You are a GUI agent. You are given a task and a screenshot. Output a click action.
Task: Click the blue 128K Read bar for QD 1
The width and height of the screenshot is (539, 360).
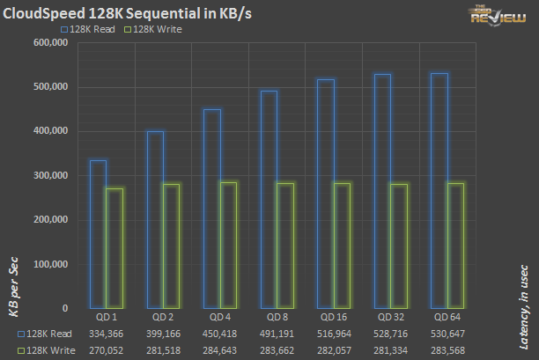pos(98,233)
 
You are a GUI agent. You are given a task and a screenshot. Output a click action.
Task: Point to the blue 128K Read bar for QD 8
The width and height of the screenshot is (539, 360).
pos(269,199)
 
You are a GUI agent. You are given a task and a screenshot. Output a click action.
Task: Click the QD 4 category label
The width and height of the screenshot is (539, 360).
pos(220,316)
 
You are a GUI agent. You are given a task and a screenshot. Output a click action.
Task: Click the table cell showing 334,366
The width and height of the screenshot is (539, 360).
pos(106,334)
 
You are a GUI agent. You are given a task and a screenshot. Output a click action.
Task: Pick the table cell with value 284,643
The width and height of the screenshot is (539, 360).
pos(220,349)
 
